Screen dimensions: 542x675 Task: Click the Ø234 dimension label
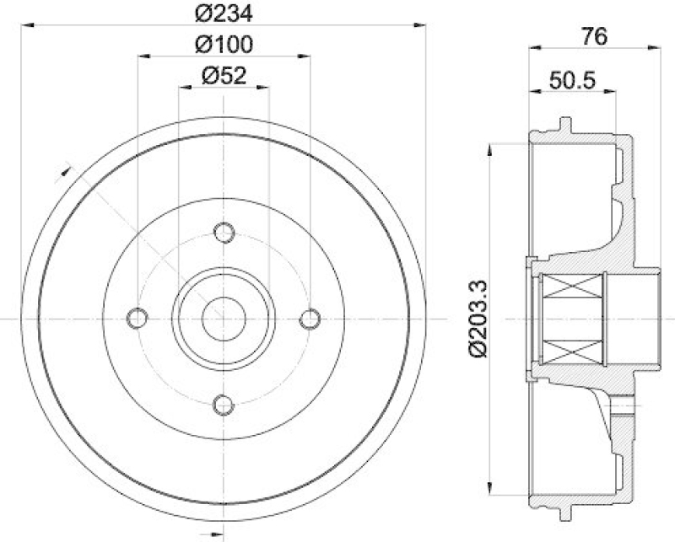[x=224, y=13]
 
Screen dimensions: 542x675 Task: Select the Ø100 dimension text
[x=224, y=43]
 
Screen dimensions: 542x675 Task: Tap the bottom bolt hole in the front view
[x=224, y=405]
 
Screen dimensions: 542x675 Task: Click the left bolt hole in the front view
[x=137, y=318]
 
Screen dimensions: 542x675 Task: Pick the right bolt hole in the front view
[x=310, y=318]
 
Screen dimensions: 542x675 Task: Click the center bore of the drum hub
[x=224, y=318]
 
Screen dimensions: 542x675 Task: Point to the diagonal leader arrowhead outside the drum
[x=62, y=172]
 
